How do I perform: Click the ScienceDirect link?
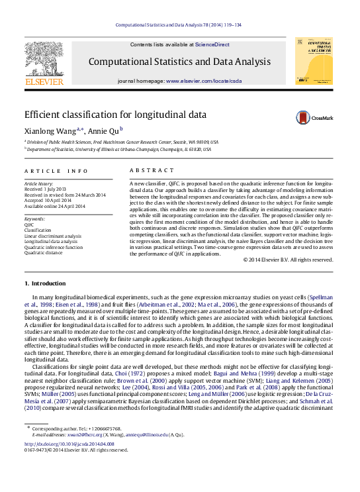(x=212, y=44)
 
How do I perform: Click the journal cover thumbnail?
(x=313, y=60)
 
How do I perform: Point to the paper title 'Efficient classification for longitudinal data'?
(x=115, y=115)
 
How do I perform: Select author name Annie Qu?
(x=103, y=130)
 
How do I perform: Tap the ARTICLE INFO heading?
(x=56, y=171)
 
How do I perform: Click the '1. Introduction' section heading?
(x=45, y=283)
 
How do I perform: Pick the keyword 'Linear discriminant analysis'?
(x=53, y=236)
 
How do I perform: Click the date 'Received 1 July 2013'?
(x=47, y=189)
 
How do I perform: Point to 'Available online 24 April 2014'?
(x=55, y=206)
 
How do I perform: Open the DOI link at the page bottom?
(x=69, y=444)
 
